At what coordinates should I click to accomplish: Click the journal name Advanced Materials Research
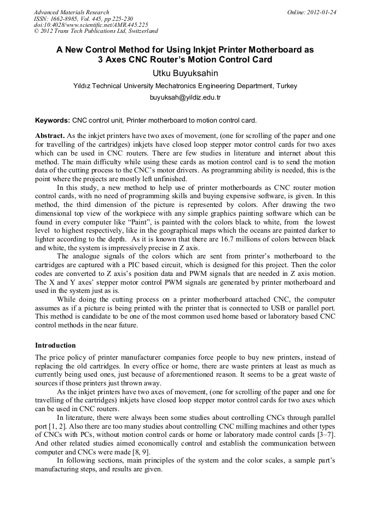tap(72, 12)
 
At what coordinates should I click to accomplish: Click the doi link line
tap(91, 25)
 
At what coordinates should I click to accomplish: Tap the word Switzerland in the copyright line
tap(139, 32)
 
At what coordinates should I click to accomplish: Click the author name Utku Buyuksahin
tap(185, 73)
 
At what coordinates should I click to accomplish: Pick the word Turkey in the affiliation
tap(287, 86)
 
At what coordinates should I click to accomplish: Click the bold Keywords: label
tap(53, 120)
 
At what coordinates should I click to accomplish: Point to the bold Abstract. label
tap(50, 135)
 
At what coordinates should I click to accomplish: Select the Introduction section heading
tap(55, 345)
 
